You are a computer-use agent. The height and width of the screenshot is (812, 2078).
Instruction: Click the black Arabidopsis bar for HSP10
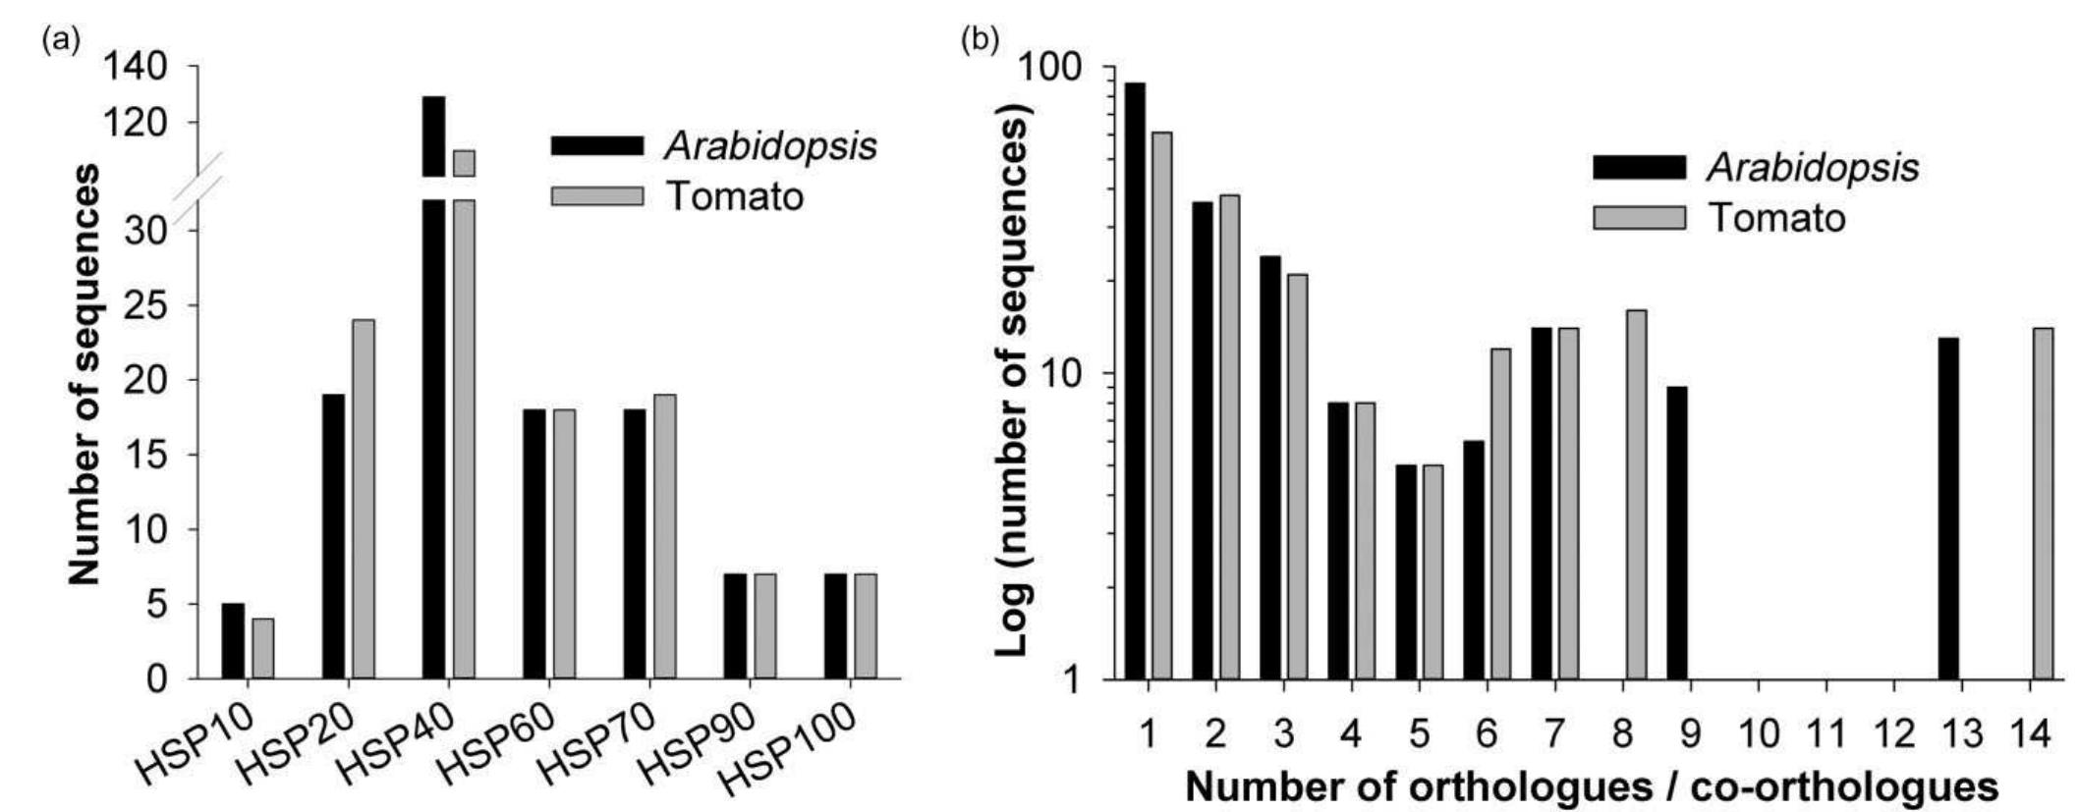pyautogui.click(x=233, y=641)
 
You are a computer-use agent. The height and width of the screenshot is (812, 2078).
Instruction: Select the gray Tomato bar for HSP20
pyautogui.click(x=363, y=499)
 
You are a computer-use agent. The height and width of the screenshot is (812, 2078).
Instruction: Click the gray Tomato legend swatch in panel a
pyautogui.click(x=596, y=195)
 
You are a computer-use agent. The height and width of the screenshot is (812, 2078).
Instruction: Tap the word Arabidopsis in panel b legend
pyautogui.click(x=1813, y=168)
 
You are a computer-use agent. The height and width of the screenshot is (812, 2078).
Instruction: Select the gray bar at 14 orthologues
pyautogui.click(x=2043, y=504)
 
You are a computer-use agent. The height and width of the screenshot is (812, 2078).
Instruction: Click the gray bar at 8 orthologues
pyautogui.click(x=1636, y=495)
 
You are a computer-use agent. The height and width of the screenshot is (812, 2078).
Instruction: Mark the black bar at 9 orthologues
pyautogui.click(x=1677, y=533)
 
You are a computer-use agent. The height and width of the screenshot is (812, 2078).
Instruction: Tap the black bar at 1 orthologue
pyautogui.click(x=1136, y=381)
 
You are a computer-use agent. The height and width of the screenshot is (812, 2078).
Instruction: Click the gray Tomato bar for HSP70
pyautogui.click(x=664, y=536)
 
